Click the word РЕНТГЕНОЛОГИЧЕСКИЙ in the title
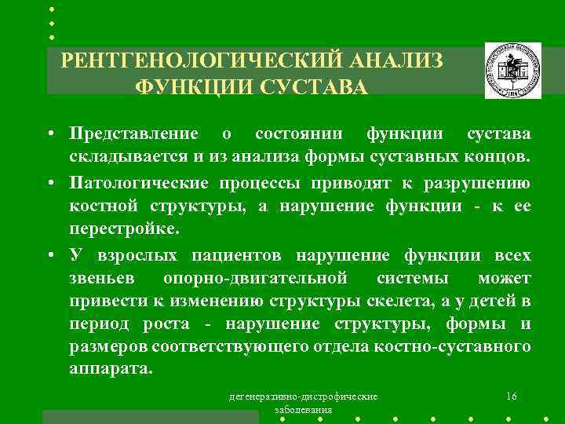(x=199, y=60)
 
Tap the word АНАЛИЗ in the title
(x=392, y=60)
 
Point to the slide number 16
(x=511, y=397)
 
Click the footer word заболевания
(x=303, y=410)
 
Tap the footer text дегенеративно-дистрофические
(x=303, y=397)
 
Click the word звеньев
(x=101, y=279)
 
